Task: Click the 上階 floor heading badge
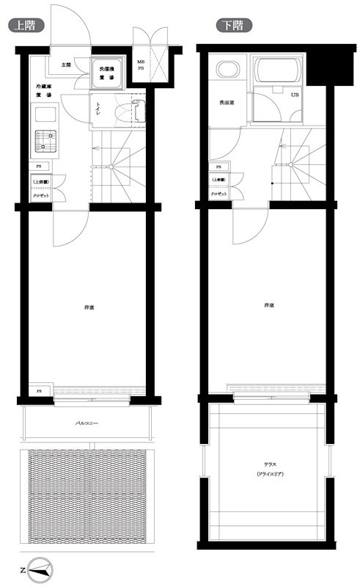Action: pyautogui.click(x=26, y=25)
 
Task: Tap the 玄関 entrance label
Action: pyautogui.click(x=66, y=65)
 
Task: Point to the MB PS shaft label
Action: pyautogui.click(x=141, y=66)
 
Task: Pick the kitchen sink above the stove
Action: pyautogui.click(x=45, y=115)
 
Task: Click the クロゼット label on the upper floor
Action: pyautogui.click(x=40, y=194)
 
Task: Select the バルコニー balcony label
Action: pyautogui.click(x=87, y=424)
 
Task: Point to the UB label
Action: pyautogui.click(x=295, y=95)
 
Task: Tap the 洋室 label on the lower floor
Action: pyautogui.click(x=269, y=305)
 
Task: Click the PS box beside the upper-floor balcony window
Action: pyautogui.click(x=40, y=390)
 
